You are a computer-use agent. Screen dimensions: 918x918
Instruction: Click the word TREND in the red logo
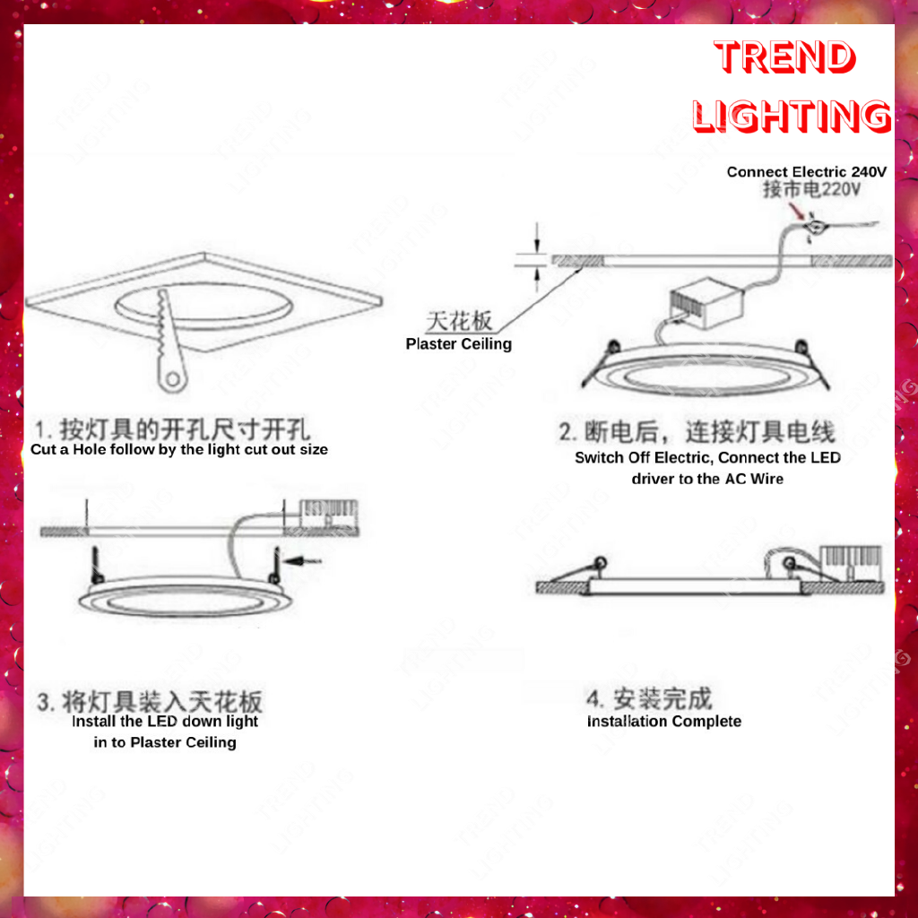click(x=784, y=56)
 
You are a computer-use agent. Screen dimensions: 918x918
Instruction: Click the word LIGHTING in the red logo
click(x=792, y=116)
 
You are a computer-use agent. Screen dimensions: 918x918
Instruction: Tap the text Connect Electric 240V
click(x=806, y=171)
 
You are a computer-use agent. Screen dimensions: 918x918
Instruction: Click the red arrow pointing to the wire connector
click(x=797, y=211)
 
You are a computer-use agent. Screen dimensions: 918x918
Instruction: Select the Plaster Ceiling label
click(x=458, y=343)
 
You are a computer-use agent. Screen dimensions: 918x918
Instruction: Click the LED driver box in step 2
click(x=706, y=302)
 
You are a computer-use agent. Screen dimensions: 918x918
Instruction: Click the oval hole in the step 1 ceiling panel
click(x=204, y=307)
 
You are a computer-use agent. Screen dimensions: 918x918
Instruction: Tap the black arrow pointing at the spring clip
click(x=303, y=561)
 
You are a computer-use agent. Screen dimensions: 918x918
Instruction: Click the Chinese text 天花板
click(x=458, y=321)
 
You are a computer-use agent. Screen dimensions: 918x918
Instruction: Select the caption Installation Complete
click(x=664, y=722)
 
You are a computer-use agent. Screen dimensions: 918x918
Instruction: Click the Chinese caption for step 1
click(x=172, y=429)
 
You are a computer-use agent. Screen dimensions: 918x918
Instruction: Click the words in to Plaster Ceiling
click(x=165, y=742)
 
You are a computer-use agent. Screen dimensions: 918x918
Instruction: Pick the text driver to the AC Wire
click(x=707, y=479)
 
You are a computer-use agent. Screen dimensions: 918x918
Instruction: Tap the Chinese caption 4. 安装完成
click(x=649, y=698)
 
